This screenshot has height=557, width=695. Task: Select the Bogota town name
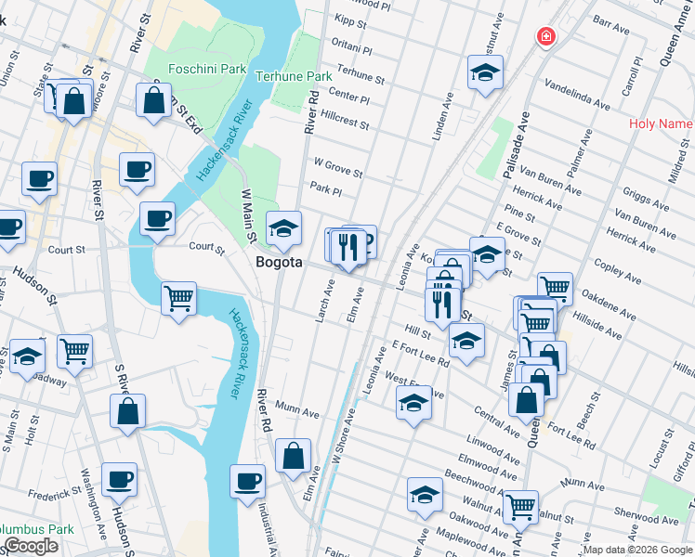[279, 263]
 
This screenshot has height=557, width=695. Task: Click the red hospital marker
[546, 36]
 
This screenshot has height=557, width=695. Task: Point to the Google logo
[31, 546]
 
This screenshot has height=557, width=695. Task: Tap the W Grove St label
[338, 167]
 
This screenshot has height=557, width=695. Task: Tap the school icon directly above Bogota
[284, 227]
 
